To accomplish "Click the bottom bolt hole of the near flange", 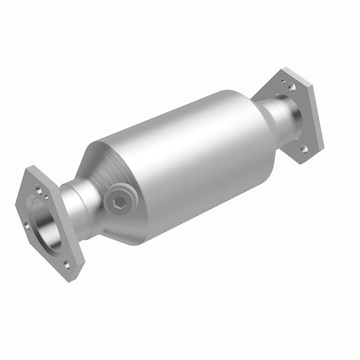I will coord(67,265).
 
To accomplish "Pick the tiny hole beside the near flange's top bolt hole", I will coord(46,195).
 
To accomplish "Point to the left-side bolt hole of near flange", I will coord(26,225).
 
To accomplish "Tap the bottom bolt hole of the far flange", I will coord(304,149).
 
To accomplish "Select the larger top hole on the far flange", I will coord(292,87).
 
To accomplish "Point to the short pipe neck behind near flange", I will coord(77,210).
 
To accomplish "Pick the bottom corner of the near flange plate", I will coord(70,279).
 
